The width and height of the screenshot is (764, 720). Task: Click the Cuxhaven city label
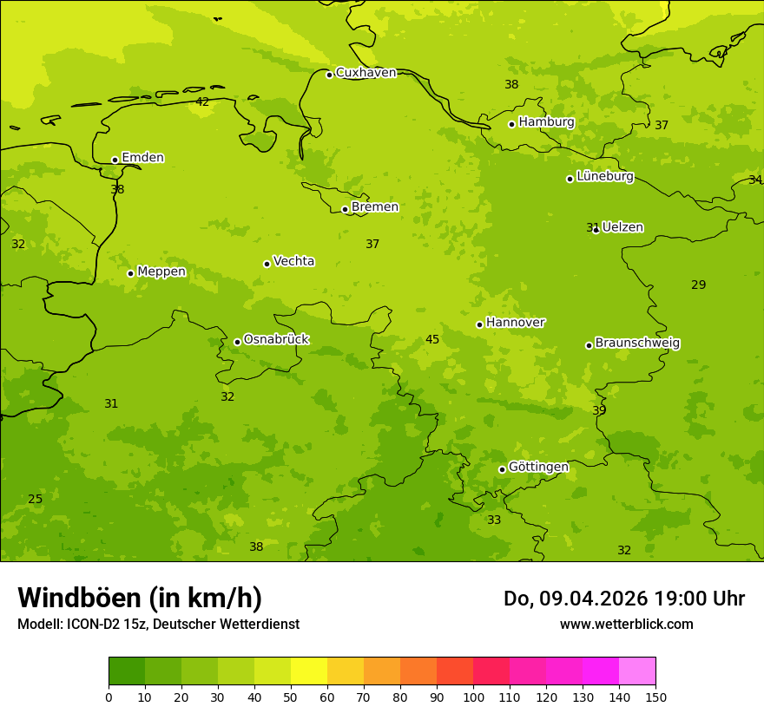(366, 73)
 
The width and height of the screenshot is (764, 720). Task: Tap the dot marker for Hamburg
(512, 124)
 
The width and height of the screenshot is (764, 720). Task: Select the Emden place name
(142, 158)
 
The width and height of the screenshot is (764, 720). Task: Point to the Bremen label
(375, 207)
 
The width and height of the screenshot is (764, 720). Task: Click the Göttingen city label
(538, 468)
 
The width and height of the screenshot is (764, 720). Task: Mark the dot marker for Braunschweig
(589, 345)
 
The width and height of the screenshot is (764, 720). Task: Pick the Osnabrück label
(276, 340)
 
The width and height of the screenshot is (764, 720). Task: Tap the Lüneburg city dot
(570, 179)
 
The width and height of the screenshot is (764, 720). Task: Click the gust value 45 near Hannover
(432, 340)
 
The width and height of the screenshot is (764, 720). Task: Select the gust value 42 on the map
(202, 102)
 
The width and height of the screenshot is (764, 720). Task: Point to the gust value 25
(35, 500)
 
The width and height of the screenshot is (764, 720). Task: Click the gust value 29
(699, 285)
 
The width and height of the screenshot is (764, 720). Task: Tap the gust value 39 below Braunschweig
(599, 410)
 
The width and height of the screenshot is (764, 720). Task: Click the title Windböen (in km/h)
(140, 599)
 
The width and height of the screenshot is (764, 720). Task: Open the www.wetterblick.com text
(626, 625)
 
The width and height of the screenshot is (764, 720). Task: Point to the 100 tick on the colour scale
(473, 697)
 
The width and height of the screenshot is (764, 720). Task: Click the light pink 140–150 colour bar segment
(637, 671)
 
